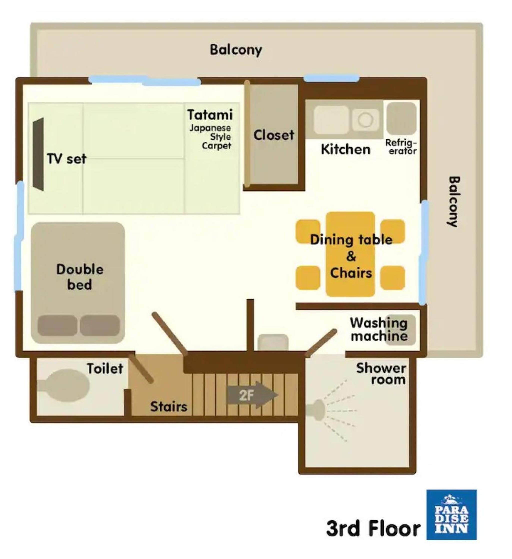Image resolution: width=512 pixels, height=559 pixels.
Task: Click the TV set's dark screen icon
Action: pyautogui.click(x=38, y=154)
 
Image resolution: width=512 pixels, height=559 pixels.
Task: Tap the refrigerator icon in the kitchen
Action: pyautogui.click(x=401, y=119)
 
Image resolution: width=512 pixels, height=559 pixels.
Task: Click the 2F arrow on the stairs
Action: pyautogui.click(x=253, y=395)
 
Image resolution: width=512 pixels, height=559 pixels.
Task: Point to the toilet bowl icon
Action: pyautogui.click(x=64, y=385)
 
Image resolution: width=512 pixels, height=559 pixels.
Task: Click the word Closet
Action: pyautogui.click(x=274, y=135)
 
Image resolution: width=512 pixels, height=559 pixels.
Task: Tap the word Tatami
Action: pyautogui.click(x=210, y=114)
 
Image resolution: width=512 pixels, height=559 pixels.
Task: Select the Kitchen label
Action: pyautogui.click(x=346, y=149)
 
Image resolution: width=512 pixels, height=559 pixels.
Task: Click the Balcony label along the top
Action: pyautogui.click(x=236, y=50)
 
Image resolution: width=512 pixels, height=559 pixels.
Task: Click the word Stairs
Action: pyautogui.click(x=169, y=407)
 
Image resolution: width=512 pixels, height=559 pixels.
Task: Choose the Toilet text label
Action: pyautogui.click(x=105, y=369)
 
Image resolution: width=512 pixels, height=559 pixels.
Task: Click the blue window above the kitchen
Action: pyautogui.click(x=332, y=78)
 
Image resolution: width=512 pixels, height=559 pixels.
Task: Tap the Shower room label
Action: pyautogui.click(x=381, y=374)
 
